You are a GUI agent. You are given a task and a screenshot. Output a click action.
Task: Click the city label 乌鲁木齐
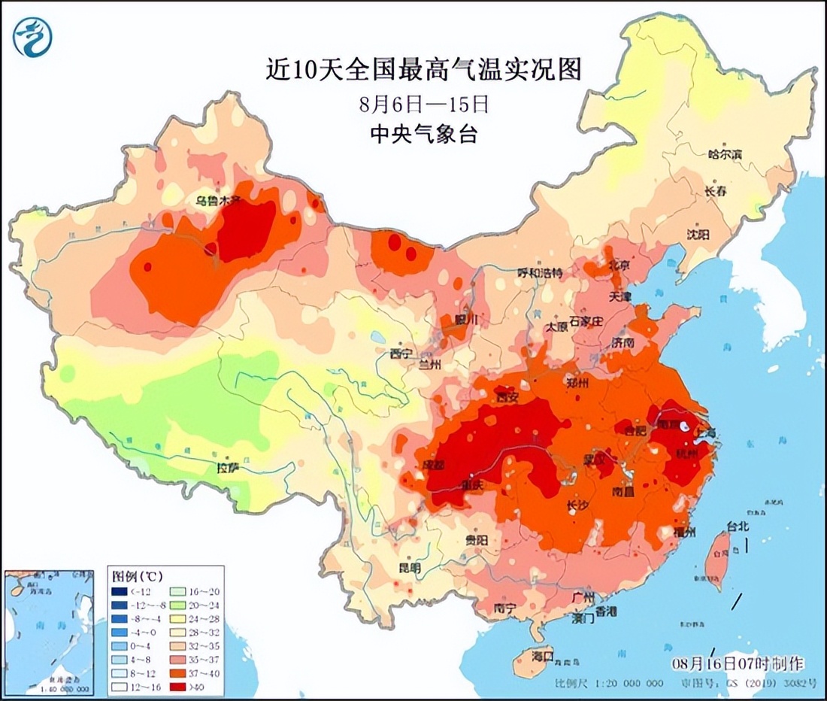[217, 201]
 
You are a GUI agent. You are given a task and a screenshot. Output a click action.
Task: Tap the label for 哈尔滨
[725, 154]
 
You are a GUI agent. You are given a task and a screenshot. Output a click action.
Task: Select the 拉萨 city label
[228, 468]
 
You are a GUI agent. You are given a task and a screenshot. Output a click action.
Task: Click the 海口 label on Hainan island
[541, 657]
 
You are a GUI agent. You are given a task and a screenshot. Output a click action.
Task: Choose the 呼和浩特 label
[539, 273]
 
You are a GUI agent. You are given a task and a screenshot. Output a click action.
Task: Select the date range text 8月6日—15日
[425, 102]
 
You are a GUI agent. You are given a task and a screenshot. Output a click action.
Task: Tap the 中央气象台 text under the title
[424, 135]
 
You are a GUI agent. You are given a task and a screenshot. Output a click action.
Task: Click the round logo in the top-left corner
[32, 35]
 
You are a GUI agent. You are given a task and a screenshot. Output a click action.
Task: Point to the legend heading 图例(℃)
[137, 576]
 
